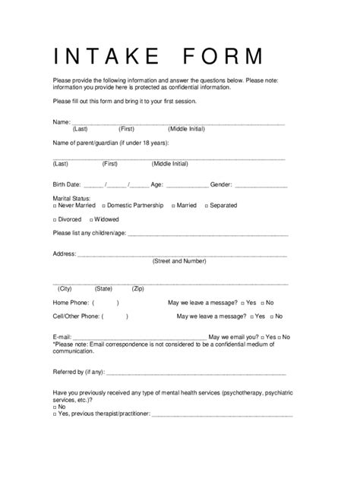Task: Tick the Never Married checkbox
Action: coord(55,206)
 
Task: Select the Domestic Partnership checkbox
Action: coord(103,206)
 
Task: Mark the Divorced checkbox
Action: coord(55,219)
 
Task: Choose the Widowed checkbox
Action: coord(91,219)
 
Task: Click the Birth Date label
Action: coord(67,184)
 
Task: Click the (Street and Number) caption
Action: coord(179,261)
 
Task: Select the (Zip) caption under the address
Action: coord(138,289)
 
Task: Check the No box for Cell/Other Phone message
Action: coord(270,316)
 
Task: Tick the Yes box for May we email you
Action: coord(261,336)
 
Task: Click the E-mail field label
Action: coord(62,336)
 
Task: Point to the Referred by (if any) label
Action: coord(78,373)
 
